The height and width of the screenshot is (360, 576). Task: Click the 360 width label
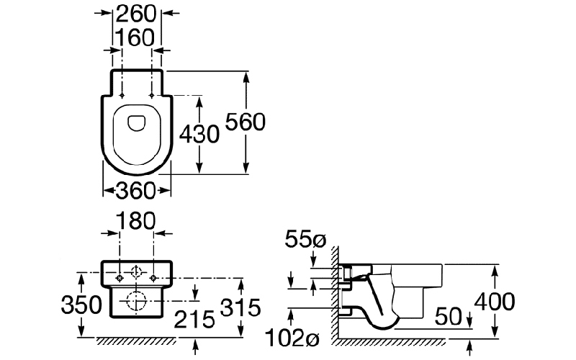tap(136, 191)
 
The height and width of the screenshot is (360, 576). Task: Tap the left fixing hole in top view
tap(123, 95)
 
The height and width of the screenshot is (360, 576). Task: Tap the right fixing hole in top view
tap(152, 95)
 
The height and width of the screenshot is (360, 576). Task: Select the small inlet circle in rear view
tap(137, 274)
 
